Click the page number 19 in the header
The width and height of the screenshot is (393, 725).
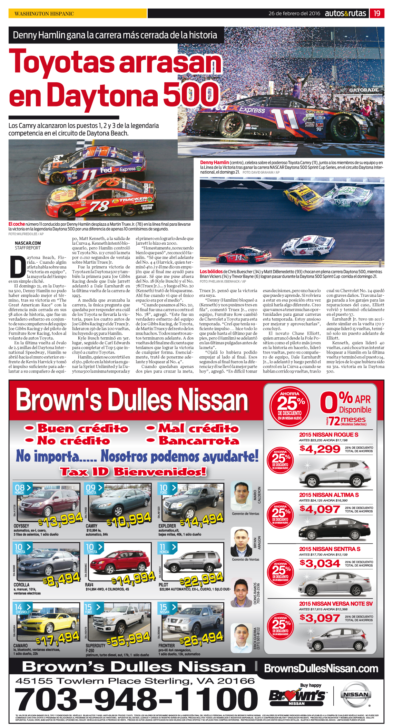tap(377, 13)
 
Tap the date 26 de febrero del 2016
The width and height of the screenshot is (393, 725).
tap(294, 13)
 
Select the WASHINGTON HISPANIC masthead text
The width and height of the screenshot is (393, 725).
tap(44, 14)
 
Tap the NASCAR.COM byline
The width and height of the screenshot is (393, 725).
tap(28, 243)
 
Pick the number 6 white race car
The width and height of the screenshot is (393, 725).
tap(308, 246)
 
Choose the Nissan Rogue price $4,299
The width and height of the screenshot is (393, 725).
tap(320, 449)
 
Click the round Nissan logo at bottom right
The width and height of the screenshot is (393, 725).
tap(355, 695)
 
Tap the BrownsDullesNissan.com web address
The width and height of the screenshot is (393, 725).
tap(321, 668)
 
